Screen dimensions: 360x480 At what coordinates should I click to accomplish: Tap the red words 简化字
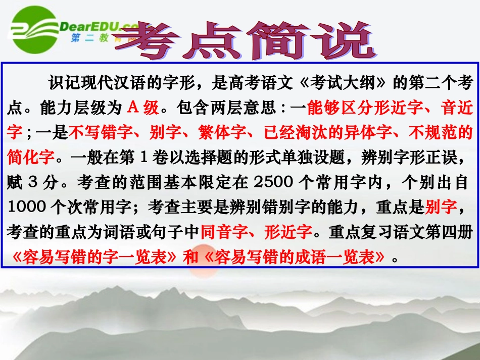coord(31,157)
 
